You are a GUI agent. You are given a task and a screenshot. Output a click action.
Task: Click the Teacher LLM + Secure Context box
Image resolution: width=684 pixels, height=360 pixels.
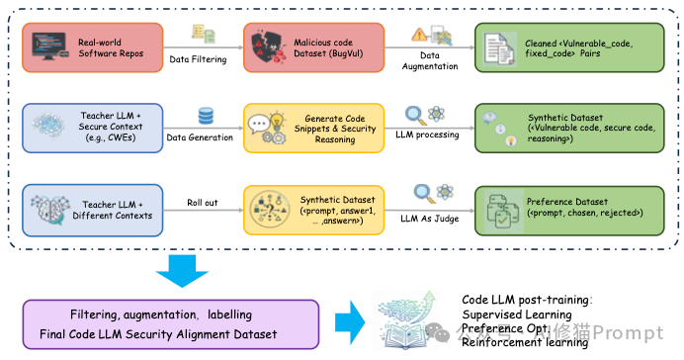click(87, 127)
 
